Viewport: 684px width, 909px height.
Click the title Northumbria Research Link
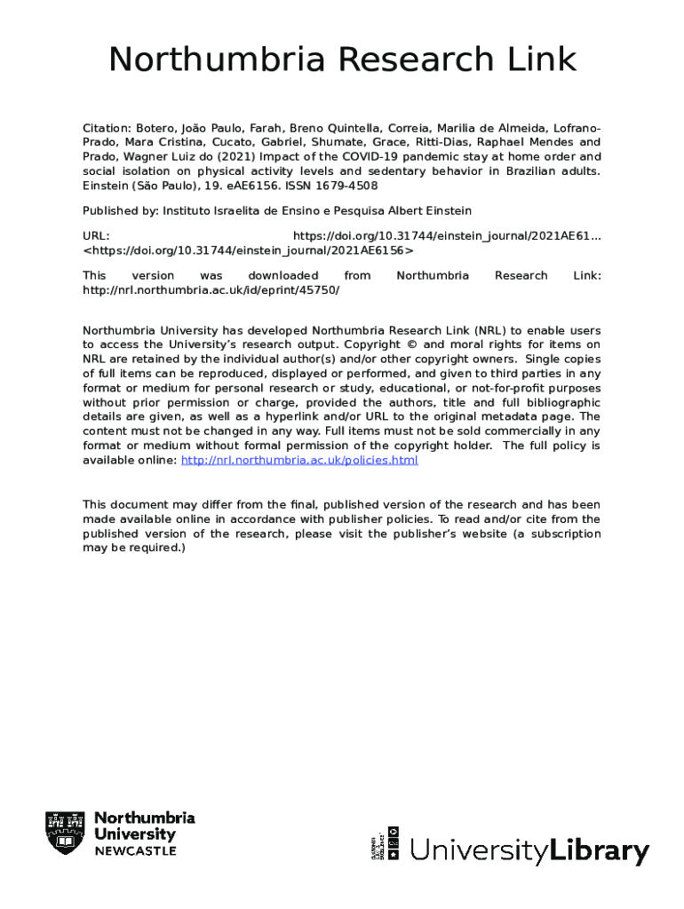tap(342, 60)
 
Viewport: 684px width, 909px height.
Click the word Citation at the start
tap(106, 128)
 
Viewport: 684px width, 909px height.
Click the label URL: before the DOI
tap(96, 235)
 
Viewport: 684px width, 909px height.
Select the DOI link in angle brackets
tap(248, 250)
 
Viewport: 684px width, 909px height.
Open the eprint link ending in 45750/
tap(211, 289)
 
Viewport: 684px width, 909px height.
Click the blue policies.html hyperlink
tap(299, 460)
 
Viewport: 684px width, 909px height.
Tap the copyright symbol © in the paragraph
tap(416, 344)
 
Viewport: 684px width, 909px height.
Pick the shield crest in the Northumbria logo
tap(65, 834)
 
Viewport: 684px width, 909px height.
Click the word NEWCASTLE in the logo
tap(135, 851)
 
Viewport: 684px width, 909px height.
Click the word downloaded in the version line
tap(282, 275)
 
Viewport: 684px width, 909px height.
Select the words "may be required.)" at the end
tap(134, 548)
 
